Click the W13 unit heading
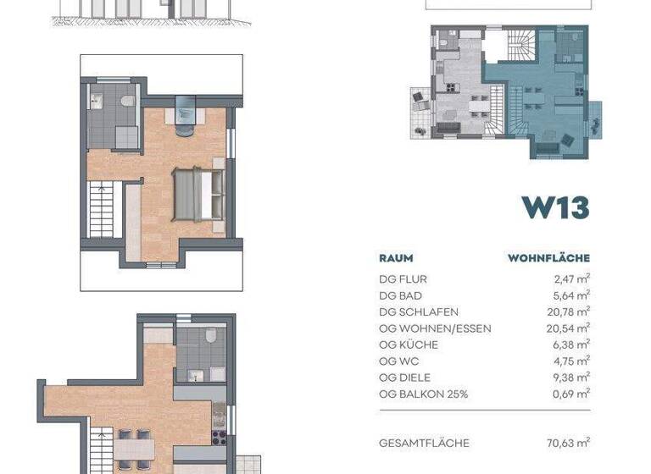555,207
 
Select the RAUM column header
396,258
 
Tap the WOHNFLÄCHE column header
548,258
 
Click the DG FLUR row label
403,279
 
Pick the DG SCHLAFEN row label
419,312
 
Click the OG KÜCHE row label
409,344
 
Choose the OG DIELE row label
405,378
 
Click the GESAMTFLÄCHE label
424,443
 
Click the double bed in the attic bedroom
200,192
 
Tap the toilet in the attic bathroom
128,102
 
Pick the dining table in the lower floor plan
135,448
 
